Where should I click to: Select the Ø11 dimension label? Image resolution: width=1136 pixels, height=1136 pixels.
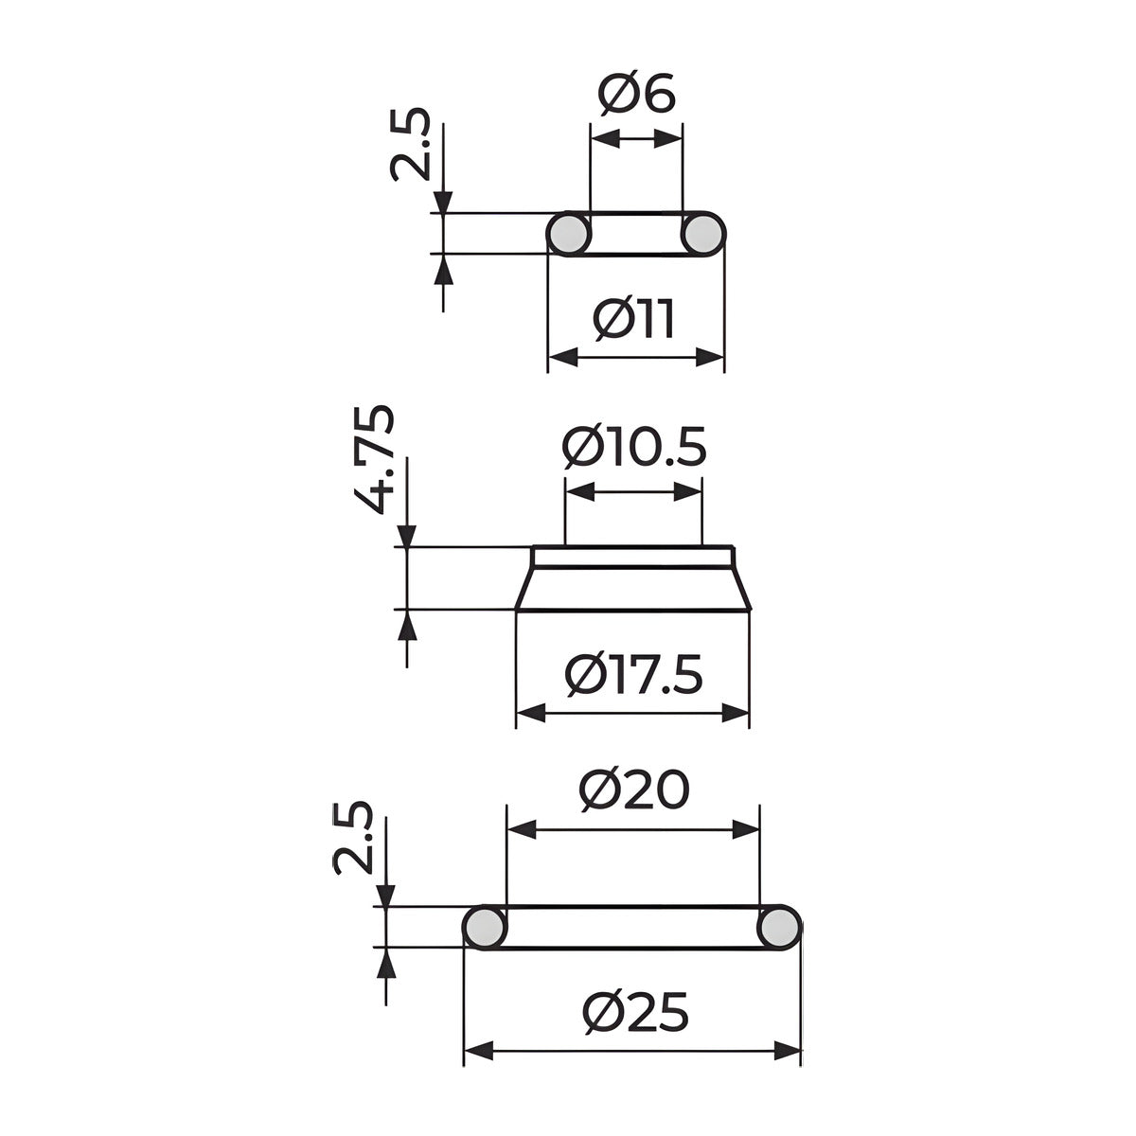coord(633,320)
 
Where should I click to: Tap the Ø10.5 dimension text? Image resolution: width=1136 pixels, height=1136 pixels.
coord(633,446)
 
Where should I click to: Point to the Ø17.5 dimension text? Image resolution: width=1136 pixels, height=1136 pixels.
coord(633,675)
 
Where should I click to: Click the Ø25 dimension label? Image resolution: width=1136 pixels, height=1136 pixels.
coord(635,1012)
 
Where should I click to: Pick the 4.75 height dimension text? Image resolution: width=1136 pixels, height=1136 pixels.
coord(374,459)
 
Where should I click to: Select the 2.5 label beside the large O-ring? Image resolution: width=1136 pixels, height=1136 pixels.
coord(353,837)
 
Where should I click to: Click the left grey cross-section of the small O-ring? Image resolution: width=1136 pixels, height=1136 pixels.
coord(568,234)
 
